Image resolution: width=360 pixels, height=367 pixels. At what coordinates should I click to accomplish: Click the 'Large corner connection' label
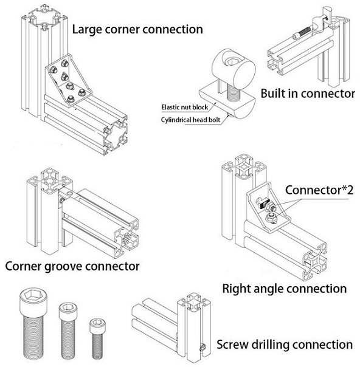pos(137,30)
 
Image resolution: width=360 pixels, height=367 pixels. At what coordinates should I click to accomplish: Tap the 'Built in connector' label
pos(308,94)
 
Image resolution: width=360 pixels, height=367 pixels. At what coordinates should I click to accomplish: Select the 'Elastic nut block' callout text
pos(185,107)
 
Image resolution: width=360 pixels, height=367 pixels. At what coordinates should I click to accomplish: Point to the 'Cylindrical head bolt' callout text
pos(190,120)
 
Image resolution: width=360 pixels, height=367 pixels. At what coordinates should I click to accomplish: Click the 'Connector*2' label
pos(319,190)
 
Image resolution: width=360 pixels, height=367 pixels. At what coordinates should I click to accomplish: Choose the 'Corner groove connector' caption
pos(72,266)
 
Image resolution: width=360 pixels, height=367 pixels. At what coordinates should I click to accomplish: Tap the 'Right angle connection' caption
pos(285,289)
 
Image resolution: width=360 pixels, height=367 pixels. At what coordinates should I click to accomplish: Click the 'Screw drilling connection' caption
pos(285,345)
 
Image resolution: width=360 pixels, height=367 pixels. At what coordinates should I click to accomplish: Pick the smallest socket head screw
pos(97,338)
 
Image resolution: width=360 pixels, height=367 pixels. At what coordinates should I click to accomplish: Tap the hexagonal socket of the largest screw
pos(33,295)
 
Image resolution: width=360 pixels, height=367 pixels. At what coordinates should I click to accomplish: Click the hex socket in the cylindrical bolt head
pos(231,61)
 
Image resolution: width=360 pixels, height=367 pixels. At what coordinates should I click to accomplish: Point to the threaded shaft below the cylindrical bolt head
pos(234,92)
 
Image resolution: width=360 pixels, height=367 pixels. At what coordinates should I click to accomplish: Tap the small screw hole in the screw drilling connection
pos(202,348)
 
